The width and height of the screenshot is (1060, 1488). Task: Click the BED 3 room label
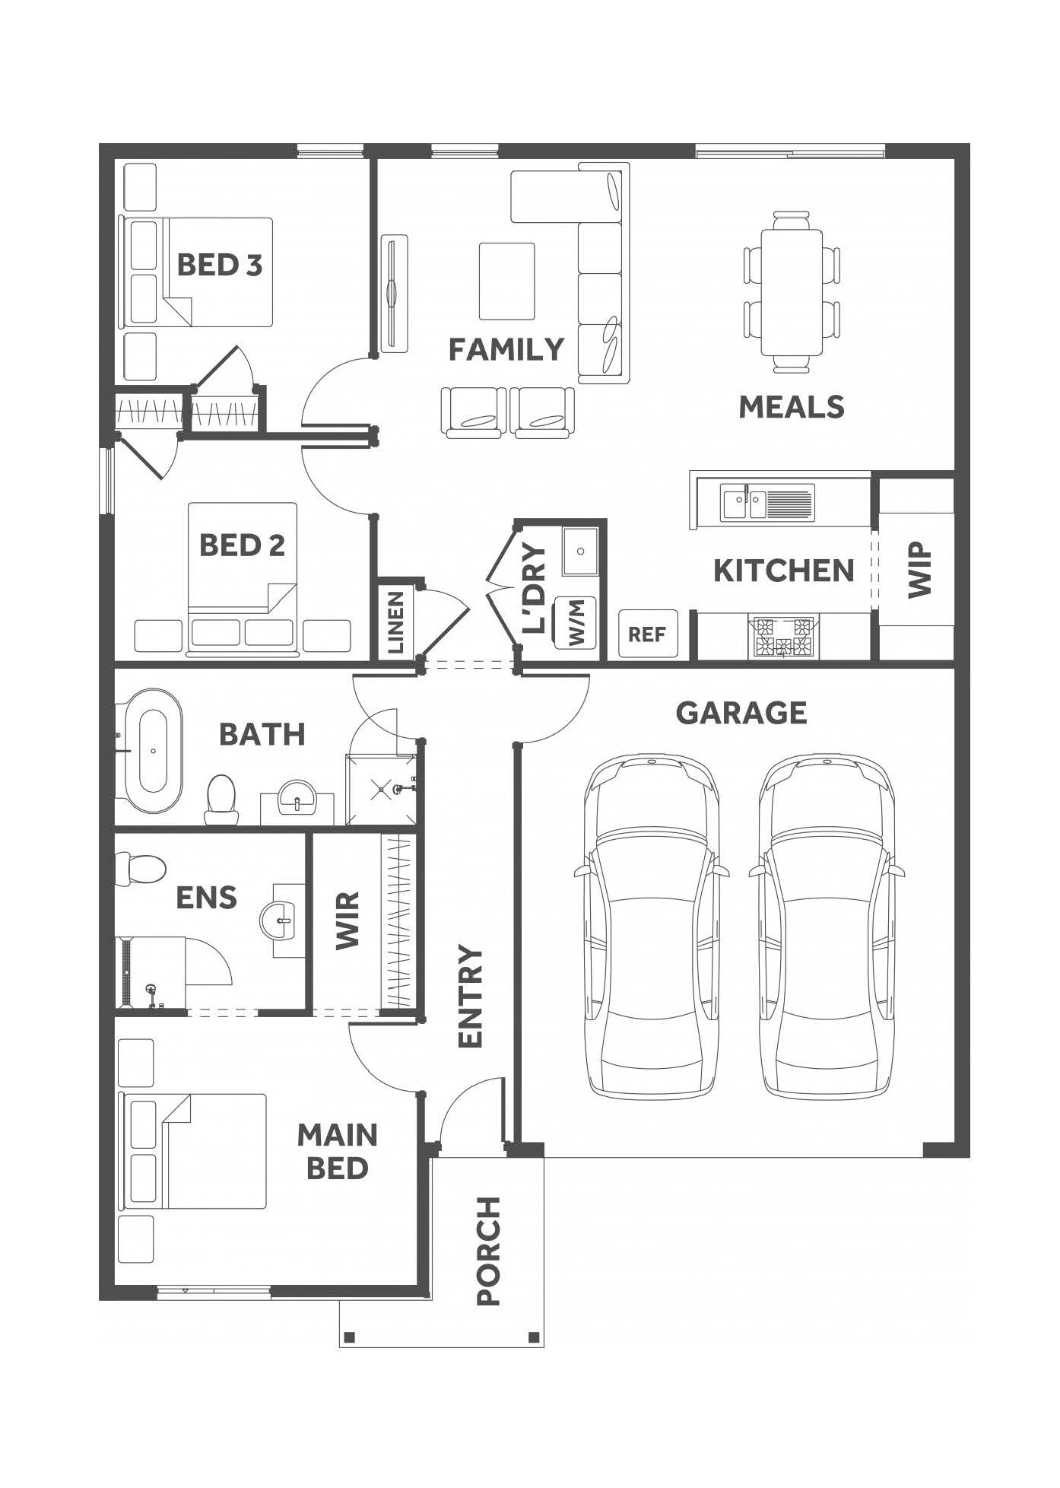tap(219, 265)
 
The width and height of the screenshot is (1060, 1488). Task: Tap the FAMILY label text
tap(506, 350)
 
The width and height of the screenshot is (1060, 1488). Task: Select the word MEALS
tap(792, 407)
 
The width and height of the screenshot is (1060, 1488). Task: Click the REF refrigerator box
tap(647, 634)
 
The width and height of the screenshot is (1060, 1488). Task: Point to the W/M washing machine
tap(577, 622)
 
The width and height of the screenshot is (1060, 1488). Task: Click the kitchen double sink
tap(767, 503)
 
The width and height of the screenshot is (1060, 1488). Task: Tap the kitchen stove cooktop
tap(783, 637)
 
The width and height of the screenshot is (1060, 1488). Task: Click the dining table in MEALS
tap(792, 292)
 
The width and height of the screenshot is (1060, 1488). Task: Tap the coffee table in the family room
tap(506, 281)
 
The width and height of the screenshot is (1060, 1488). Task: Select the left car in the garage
tap(652, 926)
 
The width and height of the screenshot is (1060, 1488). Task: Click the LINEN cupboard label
tap(395, 623)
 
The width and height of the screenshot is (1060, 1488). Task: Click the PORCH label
tap(487, 1262)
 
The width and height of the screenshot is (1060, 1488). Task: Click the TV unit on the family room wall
tap(393, 292)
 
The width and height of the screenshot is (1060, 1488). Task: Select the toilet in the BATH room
tap(221, 800)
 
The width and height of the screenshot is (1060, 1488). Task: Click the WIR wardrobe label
tap(347, 921)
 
